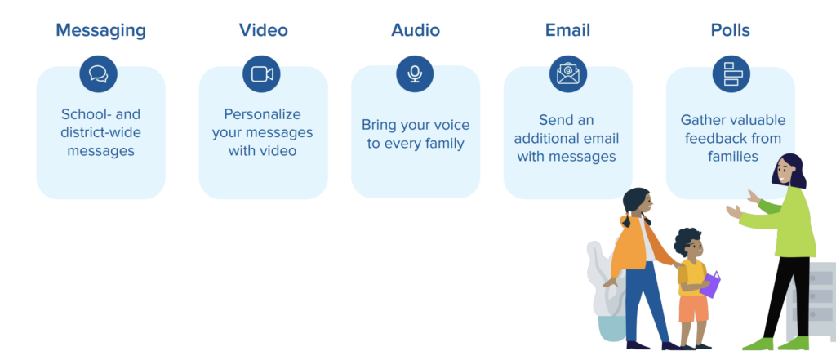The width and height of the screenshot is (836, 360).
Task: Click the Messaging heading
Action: [x=100, y=30]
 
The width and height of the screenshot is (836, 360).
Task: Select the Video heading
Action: [x=264, y=30]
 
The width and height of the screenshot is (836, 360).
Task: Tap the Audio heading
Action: [x=416, y=30]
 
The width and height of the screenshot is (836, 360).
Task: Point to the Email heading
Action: [x=567, y=30]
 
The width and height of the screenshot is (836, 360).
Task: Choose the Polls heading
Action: [x=731, y=30]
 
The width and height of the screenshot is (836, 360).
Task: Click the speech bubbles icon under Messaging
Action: [x=99, y=74]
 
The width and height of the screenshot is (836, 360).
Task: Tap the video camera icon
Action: [x=262, y=74]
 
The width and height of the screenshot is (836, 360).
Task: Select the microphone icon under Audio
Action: [x=415, y=73]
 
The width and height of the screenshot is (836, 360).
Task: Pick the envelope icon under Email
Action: [x=568, y=73]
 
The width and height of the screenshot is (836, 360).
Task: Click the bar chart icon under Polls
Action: [x=731, y=73]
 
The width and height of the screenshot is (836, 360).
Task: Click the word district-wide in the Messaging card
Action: [x=100, y=132]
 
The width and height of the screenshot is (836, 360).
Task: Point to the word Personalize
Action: [x=262, y=115]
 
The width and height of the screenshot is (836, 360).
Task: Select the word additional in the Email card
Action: [x=548, y=139]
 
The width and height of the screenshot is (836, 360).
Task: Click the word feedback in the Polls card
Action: [x=717, y=139]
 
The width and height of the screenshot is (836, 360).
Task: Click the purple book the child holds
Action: [x=710, y=284]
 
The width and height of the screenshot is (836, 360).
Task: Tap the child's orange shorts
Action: [x=694, y=309]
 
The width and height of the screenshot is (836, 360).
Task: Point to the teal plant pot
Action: [x=612, y=328]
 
